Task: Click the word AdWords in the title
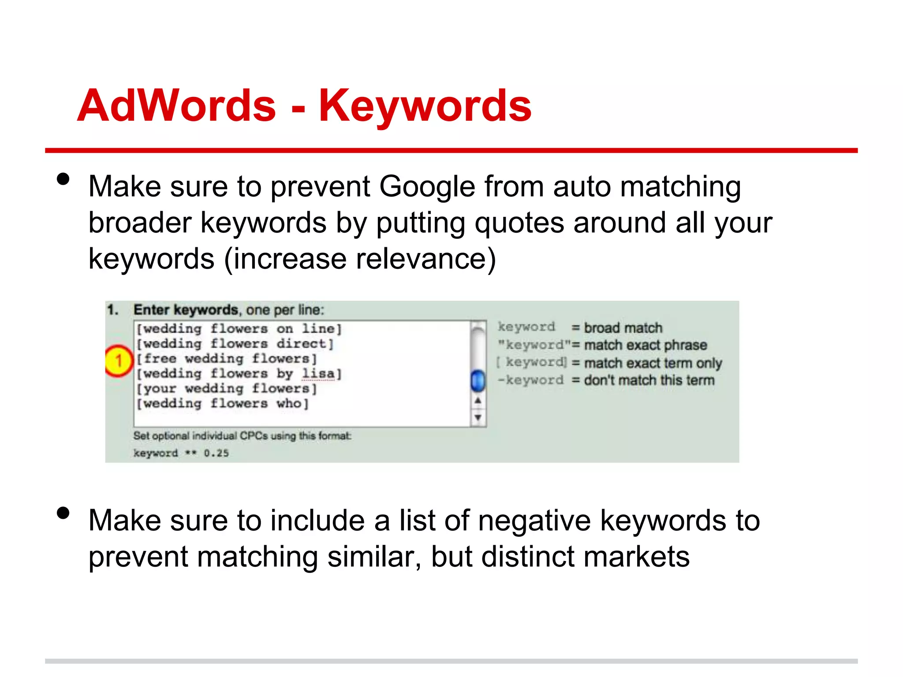[176, 106]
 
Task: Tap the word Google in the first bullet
[427, 187]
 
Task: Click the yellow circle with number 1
[118, 361]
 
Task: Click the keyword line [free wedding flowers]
[227, 359]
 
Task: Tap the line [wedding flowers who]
[223, 404]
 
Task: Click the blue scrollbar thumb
[478, 381]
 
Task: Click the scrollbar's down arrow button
[478, 417]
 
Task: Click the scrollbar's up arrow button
[478, 401]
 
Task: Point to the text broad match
[623, 328]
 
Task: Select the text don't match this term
[649, 380]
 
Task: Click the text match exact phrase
[646, 345]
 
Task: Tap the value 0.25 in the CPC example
[216, 453]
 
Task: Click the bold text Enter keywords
[186, 310]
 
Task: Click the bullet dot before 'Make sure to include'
[63, 513]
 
